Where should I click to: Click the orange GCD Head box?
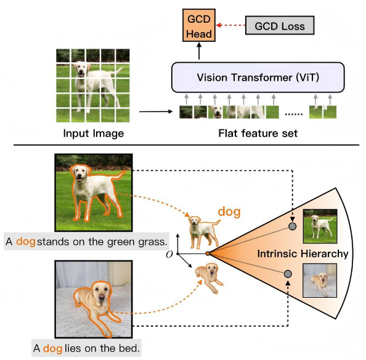[x=199, y=25]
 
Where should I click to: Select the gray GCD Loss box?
[x=280, y=25]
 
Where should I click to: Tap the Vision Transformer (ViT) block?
[x=258, y=77]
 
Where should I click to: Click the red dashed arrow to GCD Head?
[x=230, y=25]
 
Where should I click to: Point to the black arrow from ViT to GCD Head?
[x=199, y=51]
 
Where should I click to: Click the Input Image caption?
[x=94, y=133]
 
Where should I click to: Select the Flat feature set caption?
[x=258, y=133]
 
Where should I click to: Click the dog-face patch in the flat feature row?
[x=215, y=112]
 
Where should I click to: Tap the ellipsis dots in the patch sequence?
[x=294, y=114]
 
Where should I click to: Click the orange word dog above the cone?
[x=229, y=212]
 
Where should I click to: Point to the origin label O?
[x=169, y=255]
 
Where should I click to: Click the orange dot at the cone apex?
[x=208, y=253]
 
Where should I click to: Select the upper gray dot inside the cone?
[x=292, y=226]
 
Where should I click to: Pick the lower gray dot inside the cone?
[x=288, y=274]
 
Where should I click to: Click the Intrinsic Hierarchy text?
[x=303, y=254]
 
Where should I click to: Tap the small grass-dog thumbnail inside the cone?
[x=320, y=226]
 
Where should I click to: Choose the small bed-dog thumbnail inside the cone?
[x=320, y=280]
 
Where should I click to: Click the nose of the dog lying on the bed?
[x=102, y=297]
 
